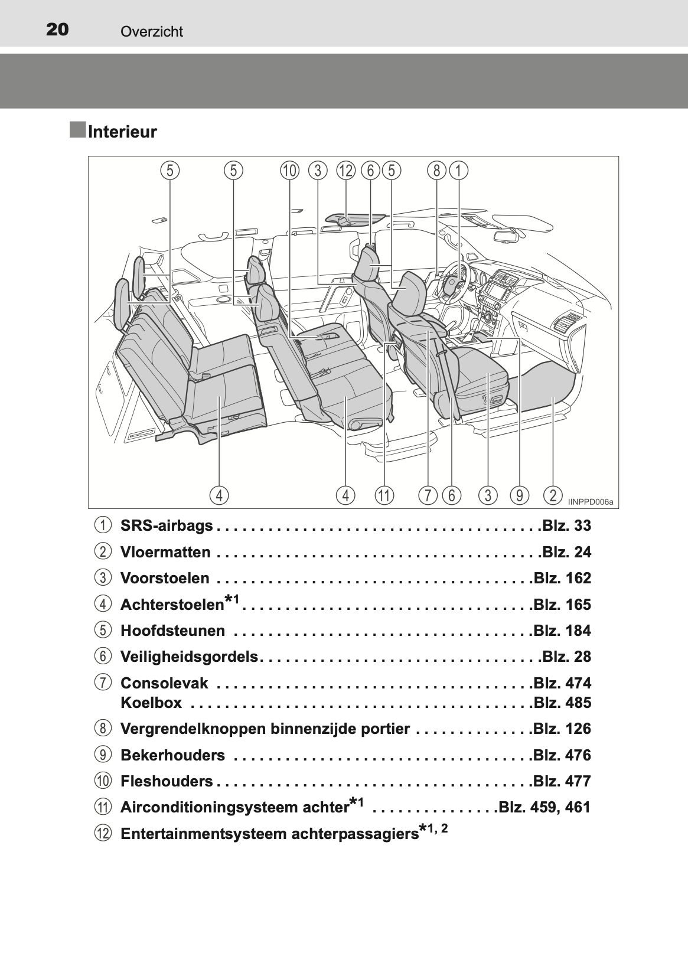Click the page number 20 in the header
tap(57, 30)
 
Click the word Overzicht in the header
tap(152, 31)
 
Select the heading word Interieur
tap(122, 132)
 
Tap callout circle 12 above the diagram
tap(346, 171)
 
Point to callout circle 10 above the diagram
tap(290, 171)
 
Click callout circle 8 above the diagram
tap(436, 171)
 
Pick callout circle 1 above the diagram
tap(458, 171)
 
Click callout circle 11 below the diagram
tap(384, 495)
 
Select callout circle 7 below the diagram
tap(428, 495)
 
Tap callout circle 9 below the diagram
tap(519, 495)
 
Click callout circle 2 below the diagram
tap(553, 495)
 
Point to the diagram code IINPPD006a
tap(591, 502)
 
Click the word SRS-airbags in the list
tap(167, 525)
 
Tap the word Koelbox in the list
tap(151, 703)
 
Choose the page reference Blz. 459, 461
tap(544, 807)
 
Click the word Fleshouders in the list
tap(167, 781)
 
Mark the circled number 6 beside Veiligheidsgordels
tap(103, 656)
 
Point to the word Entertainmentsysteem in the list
tap(203, 834)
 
